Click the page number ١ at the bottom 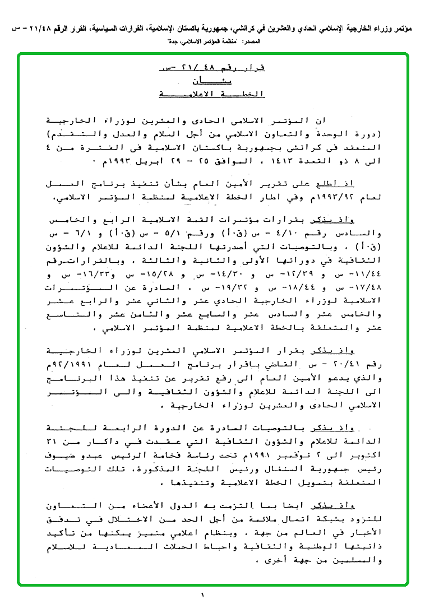point(202,595)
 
